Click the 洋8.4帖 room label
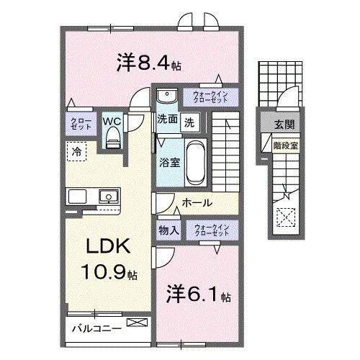(x=148, y=64)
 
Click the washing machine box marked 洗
(x=189, y=121)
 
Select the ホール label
(x=196, y=204)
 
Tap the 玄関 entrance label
(x=284, y=125)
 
